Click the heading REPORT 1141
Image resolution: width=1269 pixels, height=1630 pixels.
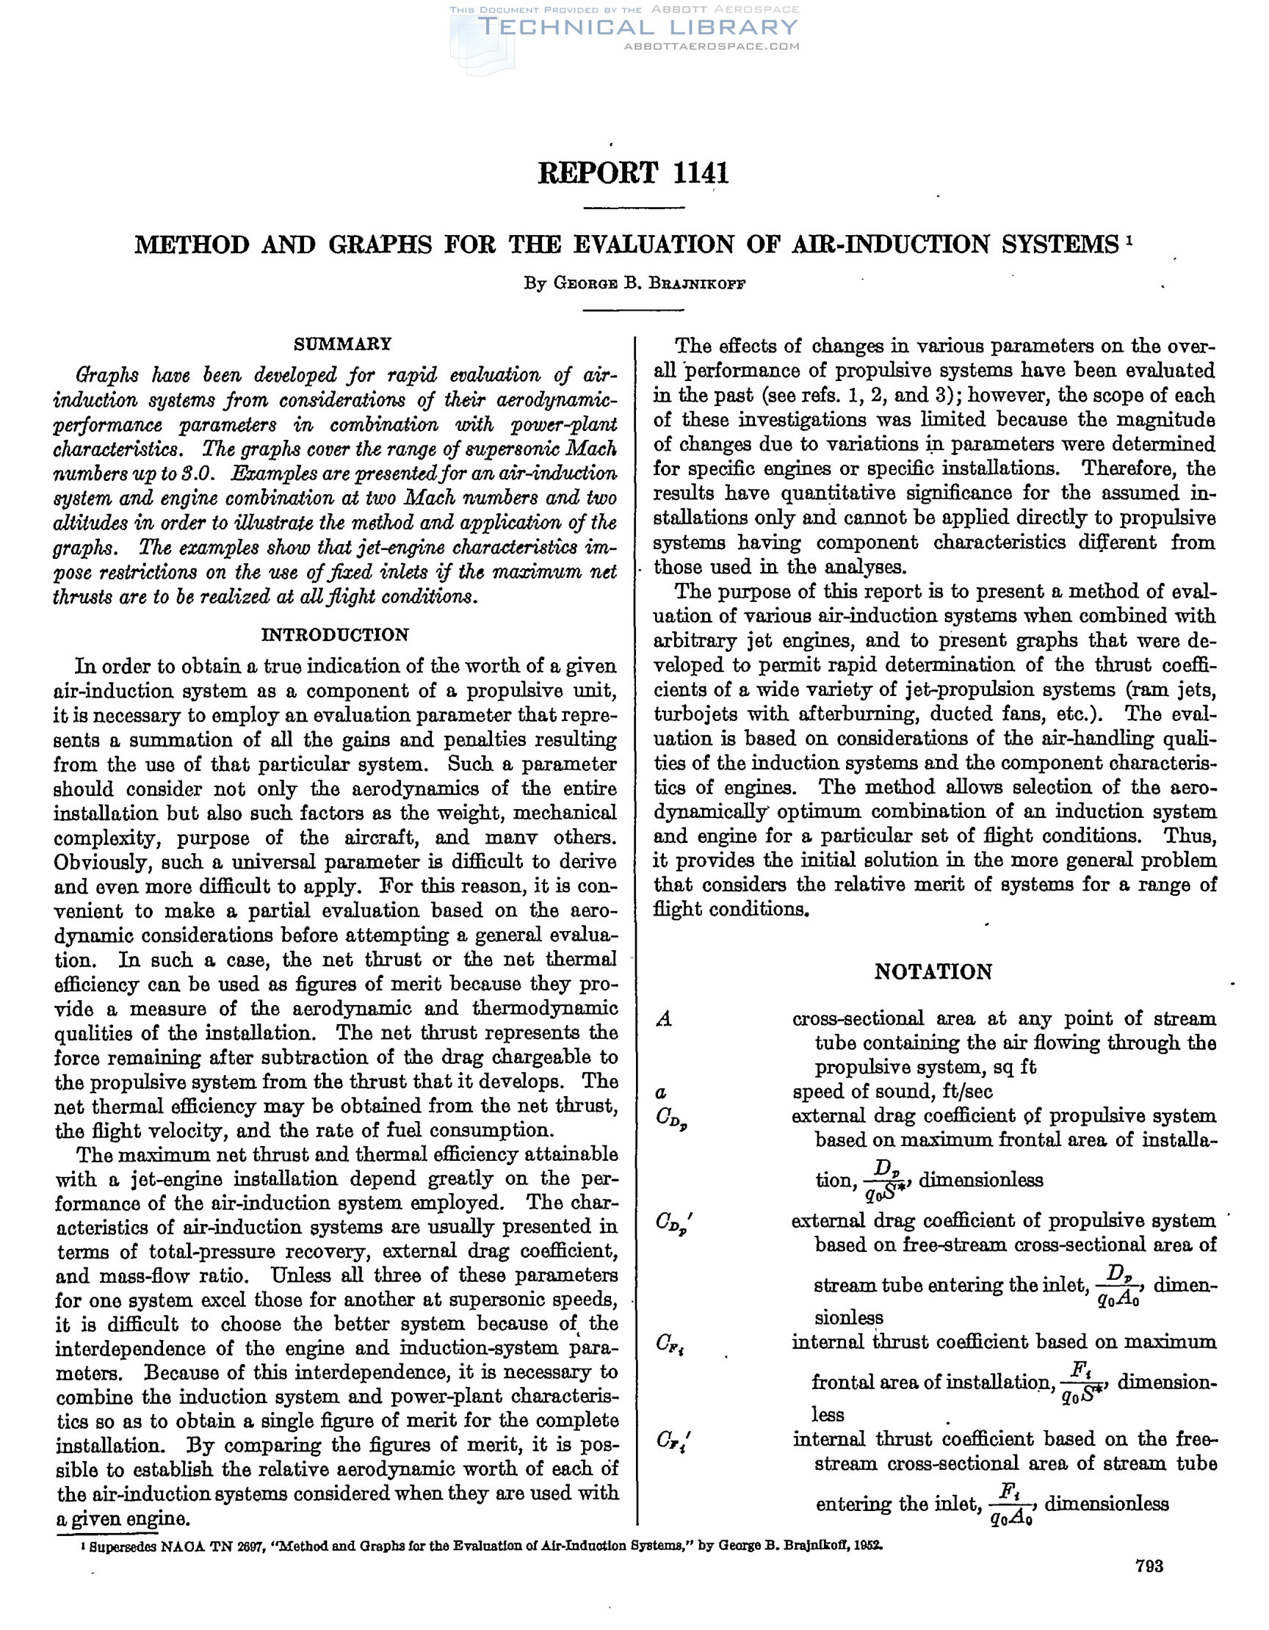pyautogui.click(x=633, y=173)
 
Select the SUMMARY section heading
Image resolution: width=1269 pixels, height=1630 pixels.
pyautogui.click(x=343, y=345)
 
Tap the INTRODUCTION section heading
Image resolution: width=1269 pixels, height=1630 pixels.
pyautogui.click(x=335, y=635)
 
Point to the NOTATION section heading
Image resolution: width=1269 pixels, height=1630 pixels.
pyautogui.click(x=933, y=971)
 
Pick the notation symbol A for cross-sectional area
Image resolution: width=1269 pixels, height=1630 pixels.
pyautogui.click(x=664, y=1019)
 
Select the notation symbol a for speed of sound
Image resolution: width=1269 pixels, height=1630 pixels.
pyautogui.click(x=661, y=1092)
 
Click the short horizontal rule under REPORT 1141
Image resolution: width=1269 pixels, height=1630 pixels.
pyautogui.click(x=633, y=207)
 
